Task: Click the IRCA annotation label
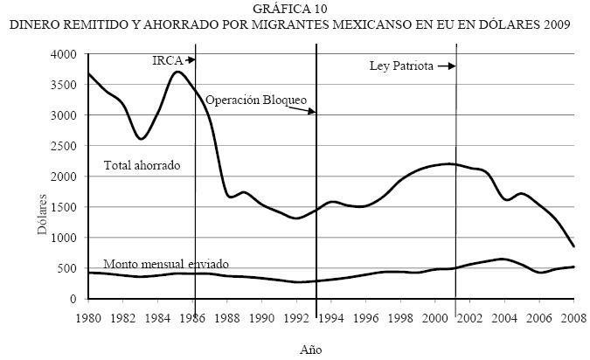click(x=165, y=59)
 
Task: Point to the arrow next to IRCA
click(x=189, y=59)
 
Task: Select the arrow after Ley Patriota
click(x=447, y=66)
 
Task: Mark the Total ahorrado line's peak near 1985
click(x=177, y=72)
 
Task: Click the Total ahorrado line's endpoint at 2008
click(x=573, y=246)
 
